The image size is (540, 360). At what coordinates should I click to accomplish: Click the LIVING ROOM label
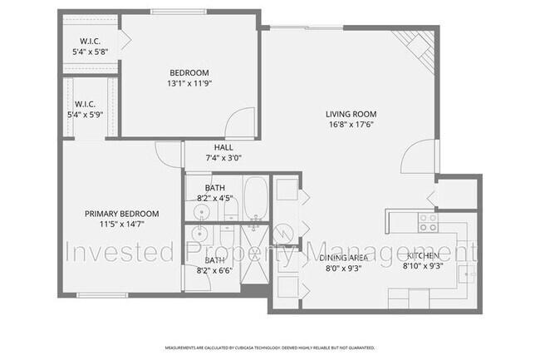point(352,114)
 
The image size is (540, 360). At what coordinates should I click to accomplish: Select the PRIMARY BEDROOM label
point(122,214)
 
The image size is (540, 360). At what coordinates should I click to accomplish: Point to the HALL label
point(223,147)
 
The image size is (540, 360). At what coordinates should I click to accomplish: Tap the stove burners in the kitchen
point(428,222)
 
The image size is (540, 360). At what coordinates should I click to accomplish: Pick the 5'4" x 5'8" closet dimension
point(91,52)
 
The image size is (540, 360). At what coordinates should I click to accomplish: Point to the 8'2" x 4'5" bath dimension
point(215,198)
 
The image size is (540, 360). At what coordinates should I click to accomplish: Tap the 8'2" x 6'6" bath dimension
point(215,270)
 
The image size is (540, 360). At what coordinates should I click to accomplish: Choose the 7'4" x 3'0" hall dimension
point(223,158)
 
